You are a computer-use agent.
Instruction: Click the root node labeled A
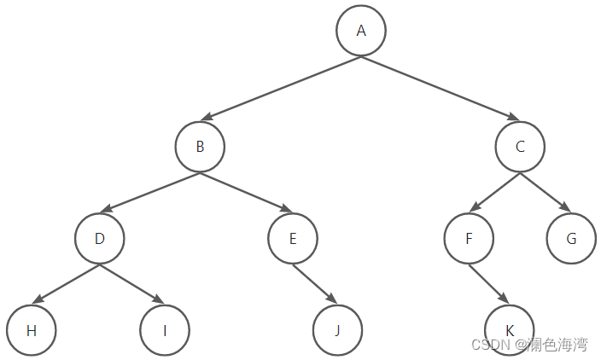(361, 31)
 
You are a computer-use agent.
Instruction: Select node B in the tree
(200, 147)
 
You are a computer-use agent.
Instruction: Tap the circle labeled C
(520, 147)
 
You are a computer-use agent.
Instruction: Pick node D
(99, 238)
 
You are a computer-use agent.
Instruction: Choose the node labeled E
(293, 238)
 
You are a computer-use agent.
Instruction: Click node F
(469, 238)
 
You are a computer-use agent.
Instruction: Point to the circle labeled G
(571, 238)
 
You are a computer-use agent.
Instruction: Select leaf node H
(31, 329)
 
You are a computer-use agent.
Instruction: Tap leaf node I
(165, 329)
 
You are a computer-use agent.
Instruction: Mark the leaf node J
(337, 329)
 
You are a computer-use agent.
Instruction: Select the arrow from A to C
(441, 89)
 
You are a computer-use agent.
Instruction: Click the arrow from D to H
(65, 283)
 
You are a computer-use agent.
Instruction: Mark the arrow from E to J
(315, 283)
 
